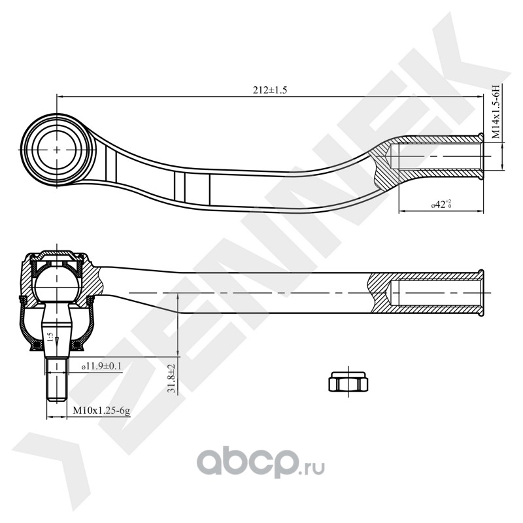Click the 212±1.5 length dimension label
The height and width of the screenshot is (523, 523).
[x=269, y=90]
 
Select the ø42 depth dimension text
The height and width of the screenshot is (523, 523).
[x=442, y=205]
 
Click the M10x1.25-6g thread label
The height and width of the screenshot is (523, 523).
[x=101, y=411]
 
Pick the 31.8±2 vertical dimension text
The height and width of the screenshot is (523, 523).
[x=171, y=379]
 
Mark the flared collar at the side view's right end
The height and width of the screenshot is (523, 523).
[x=482, y=292]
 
